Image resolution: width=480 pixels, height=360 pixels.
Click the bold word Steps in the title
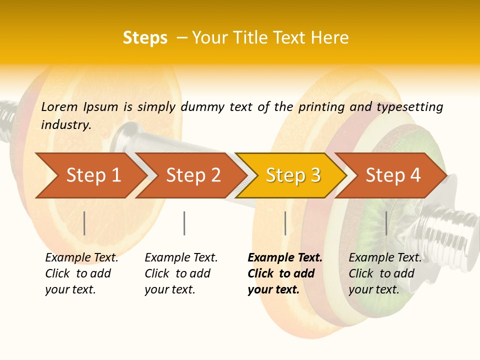[x=145, y=38]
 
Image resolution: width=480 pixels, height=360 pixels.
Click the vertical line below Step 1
[x=84, y=223]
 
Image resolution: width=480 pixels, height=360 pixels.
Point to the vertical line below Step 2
[x=184, y=223]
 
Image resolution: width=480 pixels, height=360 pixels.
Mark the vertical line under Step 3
[x=285, y=223]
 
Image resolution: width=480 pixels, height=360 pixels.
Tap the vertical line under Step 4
[x=386, y=223]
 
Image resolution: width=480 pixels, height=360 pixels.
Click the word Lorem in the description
[x=59, y=106]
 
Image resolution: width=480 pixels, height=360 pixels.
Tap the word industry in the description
[x=66, y=124]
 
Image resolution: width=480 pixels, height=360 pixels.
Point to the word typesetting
[x=409, y=106]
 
